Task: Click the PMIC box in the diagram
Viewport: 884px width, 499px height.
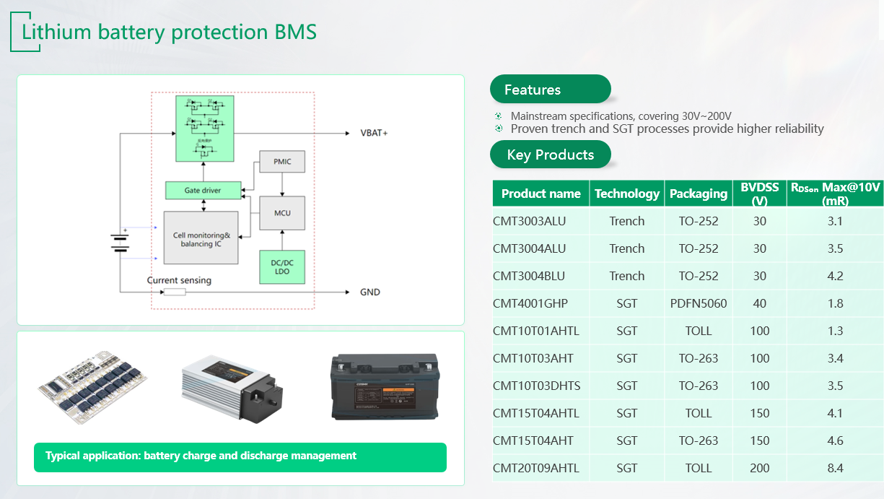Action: tap(282, 162)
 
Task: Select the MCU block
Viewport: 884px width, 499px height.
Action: tap(282, 214)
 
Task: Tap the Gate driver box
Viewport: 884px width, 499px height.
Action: tap(203, 191)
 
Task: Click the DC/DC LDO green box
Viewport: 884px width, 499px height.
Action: tap(282, 266)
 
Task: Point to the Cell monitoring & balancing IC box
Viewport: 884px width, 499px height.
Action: tap(201, 238)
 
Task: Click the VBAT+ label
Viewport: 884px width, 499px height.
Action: tap(374, 134)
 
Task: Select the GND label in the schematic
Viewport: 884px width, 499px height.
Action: tap(369, 292)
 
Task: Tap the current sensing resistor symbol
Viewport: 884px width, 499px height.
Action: tap(175, 292)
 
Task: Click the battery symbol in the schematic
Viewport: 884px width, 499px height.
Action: tap(119, 242)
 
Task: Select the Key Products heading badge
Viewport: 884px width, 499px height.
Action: tap(550, 155)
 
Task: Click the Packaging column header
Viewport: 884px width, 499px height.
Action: tap(698, 194)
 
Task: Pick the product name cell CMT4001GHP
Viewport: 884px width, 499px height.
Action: tap(530, 303)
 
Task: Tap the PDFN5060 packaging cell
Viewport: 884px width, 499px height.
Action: tap(698, 303)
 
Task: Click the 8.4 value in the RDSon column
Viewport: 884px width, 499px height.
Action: tap(835, 468)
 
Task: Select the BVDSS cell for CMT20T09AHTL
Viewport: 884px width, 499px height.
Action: tap(759, 468)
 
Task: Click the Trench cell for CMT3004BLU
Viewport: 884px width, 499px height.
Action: tap(626, 276)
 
